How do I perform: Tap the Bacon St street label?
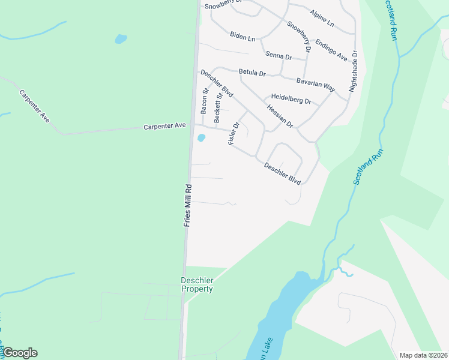[x=205, y=101]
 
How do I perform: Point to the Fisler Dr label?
[x=234, y=133]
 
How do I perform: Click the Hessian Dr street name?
[x=280, y=116]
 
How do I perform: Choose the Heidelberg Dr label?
[x=291, y=99]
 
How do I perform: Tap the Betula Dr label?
[x=252, y=73]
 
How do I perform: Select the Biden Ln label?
[x=243, y=37]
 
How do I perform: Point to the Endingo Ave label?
[x=331, y=50]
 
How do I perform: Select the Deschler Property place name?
[x=197, y=284]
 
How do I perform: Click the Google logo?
[x=20, y=353]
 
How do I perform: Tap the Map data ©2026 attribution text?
[x=424, y=355]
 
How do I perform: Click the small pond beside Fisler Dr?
[x=201, y=139]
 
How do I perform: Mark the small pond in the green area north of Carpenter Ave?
[x=121, y=40]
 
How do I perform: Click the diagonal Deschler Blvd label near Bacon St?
[x=217, y=83]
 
